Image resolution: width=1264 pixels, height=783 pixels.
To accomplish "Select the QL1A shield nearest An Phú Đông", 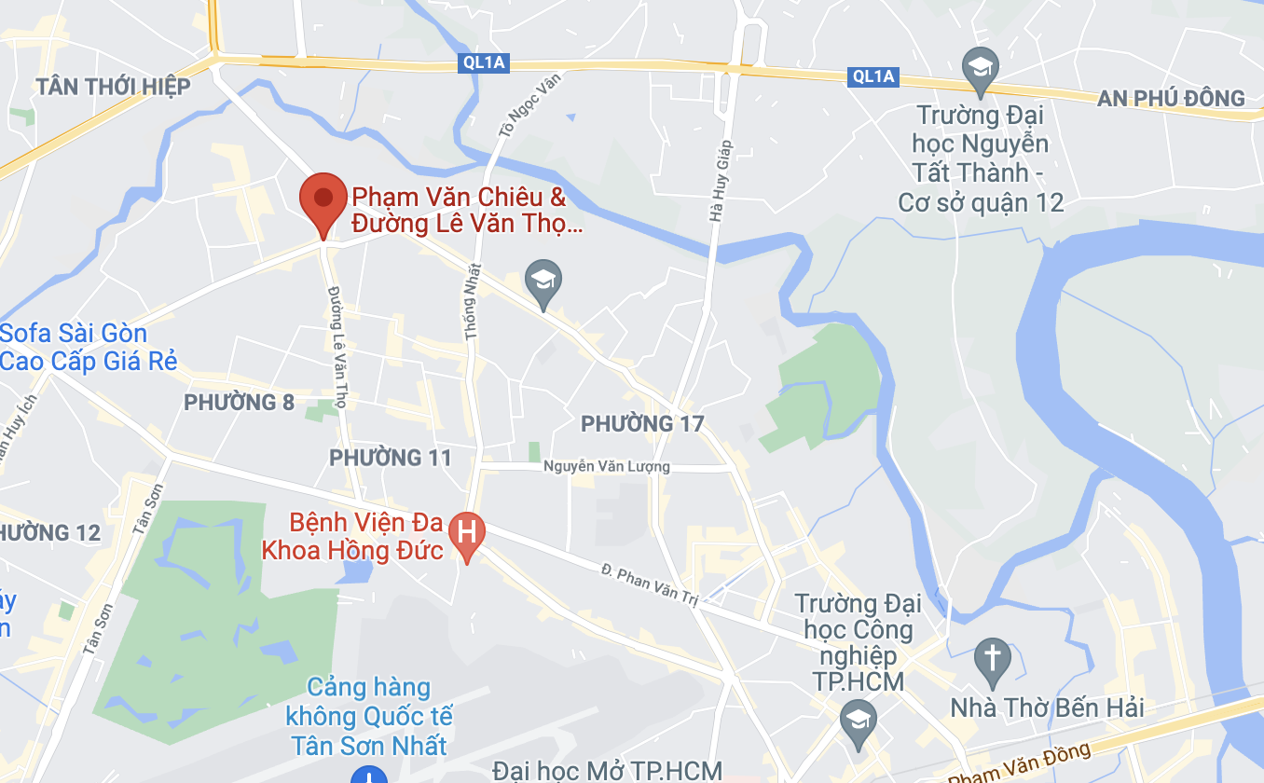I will coord(873,76).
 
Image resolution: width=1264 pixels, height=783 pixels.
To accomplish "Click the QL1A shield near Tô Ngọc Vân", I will coord(483,62).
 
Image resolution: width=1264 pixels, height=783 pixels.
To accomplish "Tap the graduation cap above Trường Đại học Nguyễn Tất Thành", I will coord(980,69).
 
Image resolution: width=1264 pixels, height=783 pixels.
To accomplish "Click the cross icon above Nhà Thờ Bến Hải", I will coord(992,660).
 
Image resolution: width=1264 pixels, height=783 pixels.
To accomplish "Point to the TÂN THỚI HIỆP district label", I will coord(113,87).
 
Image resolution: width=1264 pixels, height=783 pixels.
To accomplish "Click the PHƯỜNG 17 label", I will coord(642,424).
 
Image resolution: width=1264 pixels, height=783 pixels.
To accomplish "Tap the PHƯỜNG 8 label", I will coord(239,403).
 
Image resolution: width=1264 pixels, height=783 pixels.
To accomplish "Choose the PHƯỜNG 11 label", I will coord(390,458).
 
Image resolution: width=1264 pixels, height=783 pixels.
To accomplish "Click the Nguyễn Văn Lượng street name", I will coord(606,466).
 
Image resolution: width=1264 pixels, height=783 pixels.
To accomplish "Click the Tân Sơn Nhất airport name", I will coord(369,717).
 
